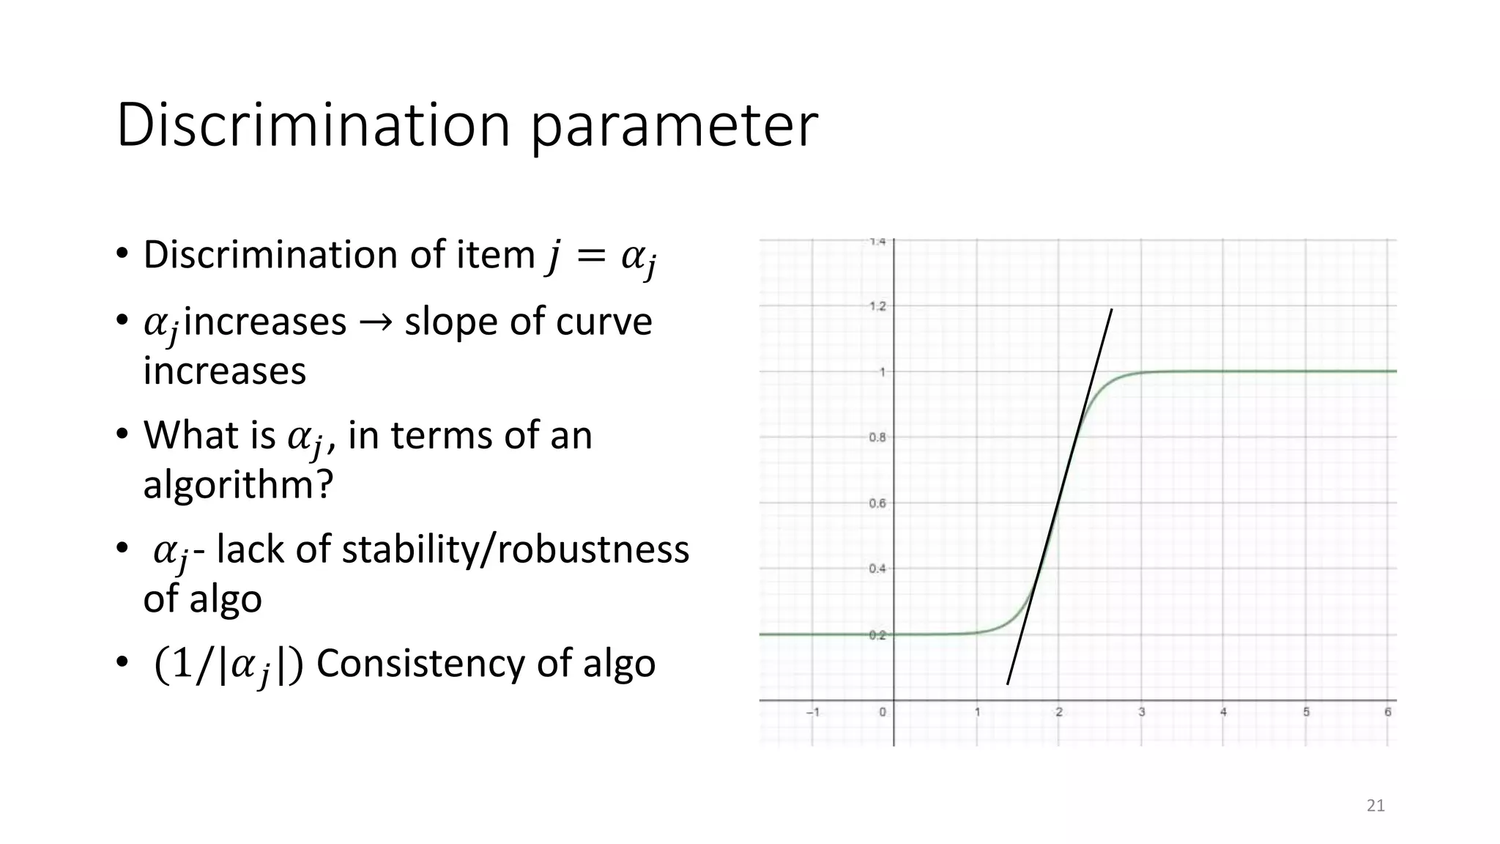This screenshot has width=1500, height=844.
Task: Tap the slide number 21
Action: (1375, 806)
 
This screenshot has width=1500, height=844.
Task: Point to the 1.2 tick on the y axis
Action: (877, 306)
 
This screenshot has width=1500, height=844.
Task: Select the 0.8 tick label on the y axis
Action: (877, 437)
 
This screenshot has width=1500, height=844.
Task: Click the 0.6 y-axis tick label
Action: (877, 503)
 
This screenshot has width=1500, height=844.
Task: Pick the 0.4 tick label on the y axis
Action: (877, 569)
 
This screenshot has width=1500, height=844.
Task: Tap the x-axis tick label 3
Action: (1141, 712)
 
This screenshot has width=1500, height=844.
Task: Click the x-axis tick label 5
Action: (1306, 712)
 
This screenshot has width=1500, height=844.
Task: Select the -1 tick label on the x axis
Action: (812, 712)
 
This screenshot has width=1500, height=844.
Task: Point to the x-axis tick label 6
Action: (1387, 712)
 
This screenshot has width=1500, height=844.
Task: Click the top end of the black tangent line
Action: (1112, 310)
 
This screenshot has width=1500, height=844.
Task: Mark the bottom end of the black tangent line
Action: (1008, 684)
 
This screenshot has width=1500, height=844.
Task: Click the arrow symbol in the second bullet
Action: (375, 322)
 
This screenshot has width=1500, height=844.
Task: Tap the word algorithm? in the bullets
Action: (238, 484)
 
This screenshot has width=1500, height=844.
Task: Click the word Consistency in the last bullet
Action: (420, 664)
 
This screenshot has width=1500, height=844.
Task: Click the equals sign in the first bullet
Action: (590, 256)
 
